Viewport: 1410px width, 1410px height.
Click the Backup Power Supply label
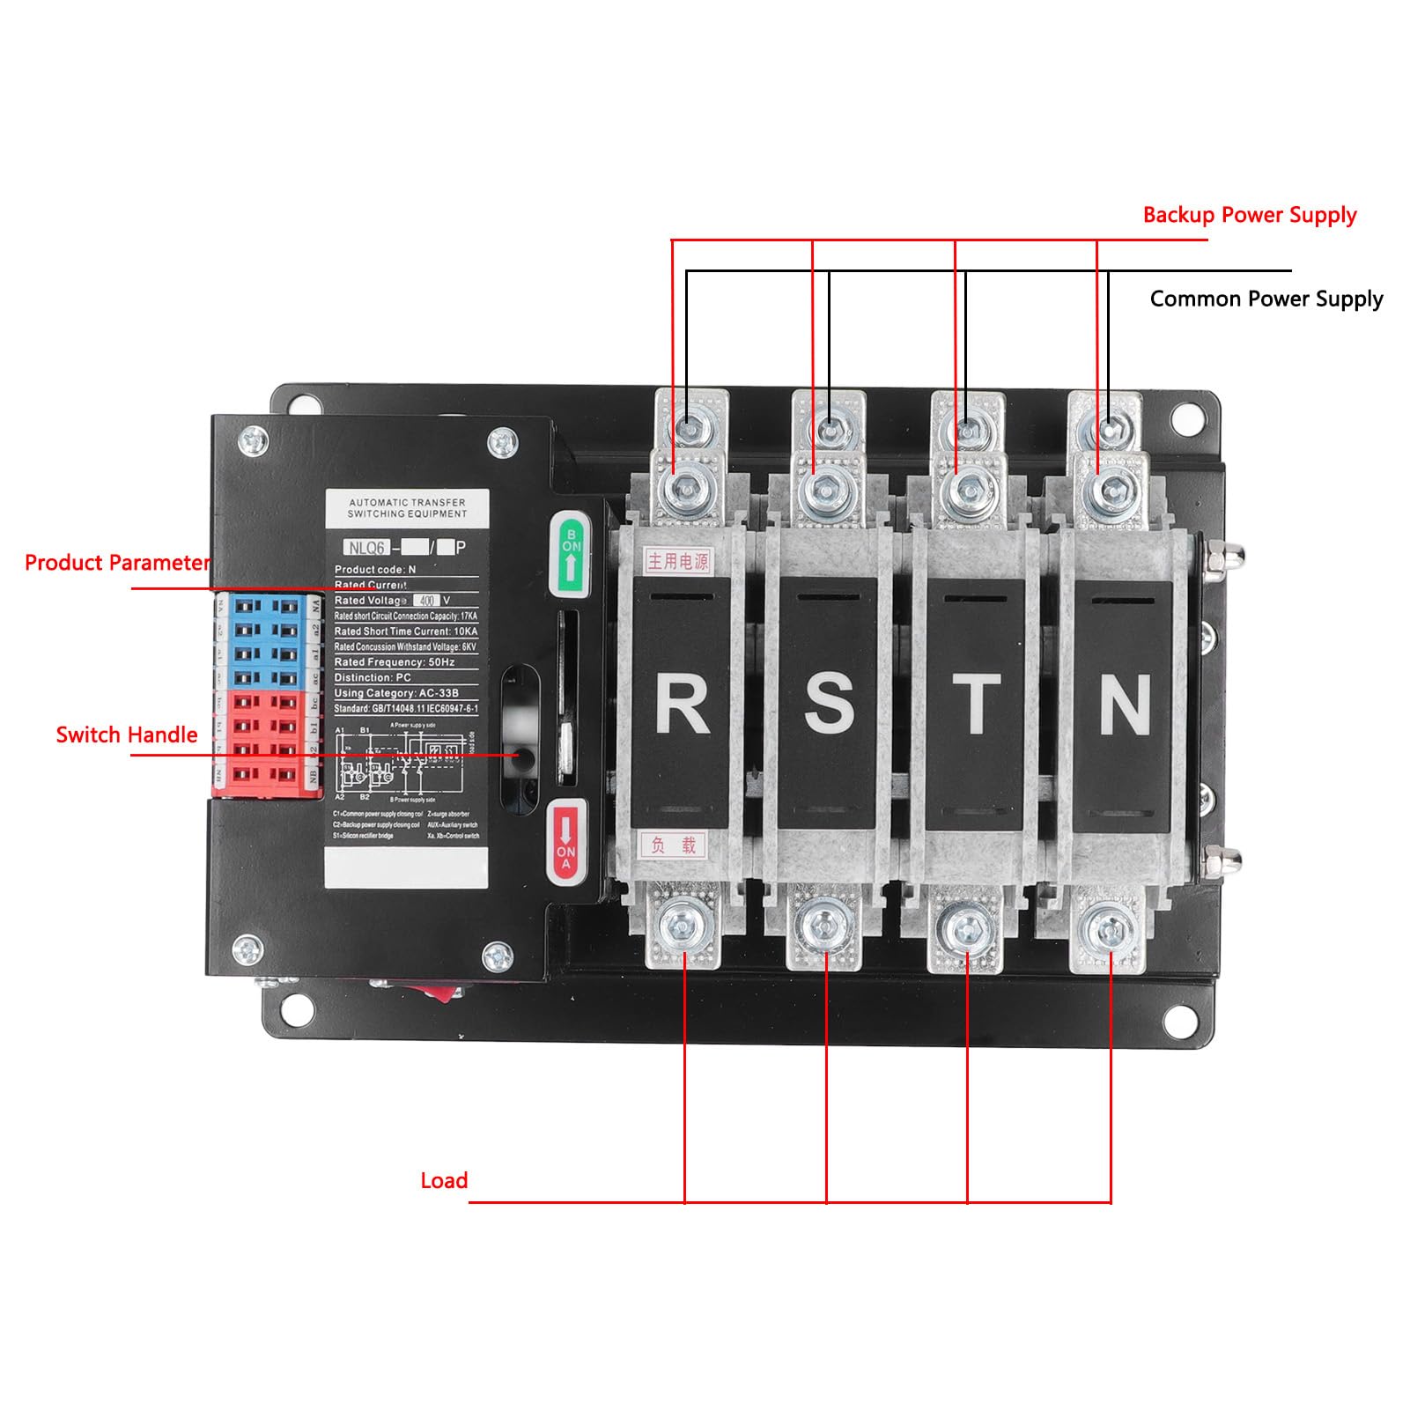(x=1249, y=216)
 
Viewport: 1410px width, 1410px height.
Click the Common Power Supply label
(x=1266, y=299)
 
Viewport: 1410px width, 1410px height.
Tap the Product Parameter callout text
(x=117, y=563)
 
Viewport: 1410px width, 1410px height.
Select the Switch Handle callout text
(x=127, y=735)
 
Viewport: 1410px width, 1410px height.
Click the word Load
(x=444, y=1180)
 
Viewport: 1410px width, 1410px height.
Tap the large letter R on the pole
(x=682, y=704)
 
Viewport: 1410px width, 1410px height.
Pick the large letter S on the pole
(x=828, y=704)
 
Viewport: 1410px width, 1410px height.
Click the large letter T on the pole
(x=975, y=704)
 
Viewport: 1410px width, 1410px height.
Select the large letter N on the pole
(x=1125, y=704)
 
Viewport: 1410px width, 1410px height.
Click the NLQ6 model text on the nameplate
(x=366, y=548)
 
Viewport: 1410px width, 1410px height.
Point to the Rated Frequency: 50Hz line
(x=394, y=661)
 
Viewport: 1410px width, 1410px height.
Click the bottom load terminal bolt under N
(x=1108, y=927)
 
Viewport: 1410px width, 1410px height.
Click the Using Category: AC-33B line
(x=396, y=693)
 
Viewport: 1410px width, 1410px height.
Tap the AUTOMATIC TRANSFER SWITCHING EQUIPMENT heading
(x=407, y=507)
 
